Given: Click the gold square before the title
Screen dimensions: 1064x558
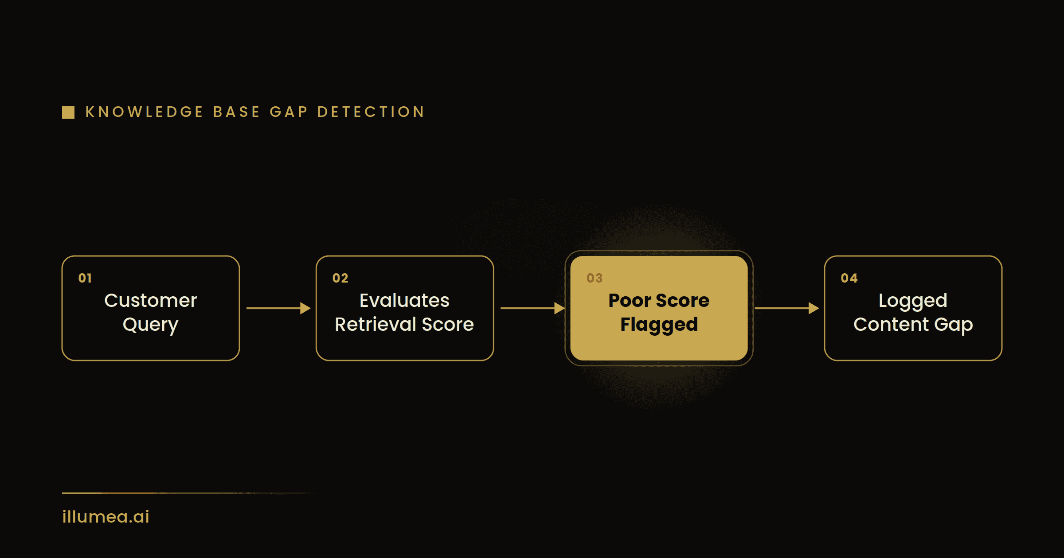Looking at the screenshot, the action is coord(68,112).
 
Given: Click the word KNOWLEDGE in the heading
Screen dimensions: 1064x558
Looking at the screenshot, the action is coord(144,112).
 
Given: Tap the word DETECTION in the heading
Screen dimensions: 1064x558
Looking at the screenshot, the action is coord(371,112).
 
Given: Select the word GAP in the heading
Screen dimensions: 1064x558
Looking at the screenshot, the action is coord(289,112).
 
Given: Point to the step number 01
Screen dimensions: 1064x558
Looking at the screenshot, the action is coord(85,278).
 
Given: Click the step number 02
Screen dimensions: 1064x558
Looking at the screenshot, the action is coord(340,278).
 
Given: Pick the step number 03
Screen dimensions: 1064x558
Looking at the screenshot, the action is coord(595,278).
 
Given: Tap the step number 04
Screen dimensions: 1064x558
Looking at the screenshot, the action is coord(849,278).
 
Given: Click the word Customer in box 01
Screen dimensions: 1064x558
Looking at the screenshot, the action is coord(151,301).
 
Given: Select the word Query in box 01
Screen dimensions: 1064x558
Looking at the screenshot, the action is coord(151,325).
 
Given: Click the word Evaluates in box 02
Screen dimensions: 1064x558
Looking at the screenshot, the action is coord(404,301).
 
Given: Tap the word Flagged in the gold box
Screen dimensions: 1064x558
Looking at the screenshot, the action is coord(659,325).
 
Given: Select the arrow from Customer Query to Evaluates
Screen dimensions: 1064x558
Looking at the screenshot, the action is coord(278,308).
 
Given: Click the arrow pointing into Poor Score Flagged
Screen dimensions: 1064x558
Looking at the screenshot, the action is coord(532,308).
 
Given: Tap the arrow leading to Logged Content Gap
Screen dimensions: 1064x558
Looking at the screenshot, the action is coord(787,308).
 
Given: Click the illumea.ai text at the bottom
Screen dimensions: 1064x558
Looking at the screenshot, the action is coord(106,517).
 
